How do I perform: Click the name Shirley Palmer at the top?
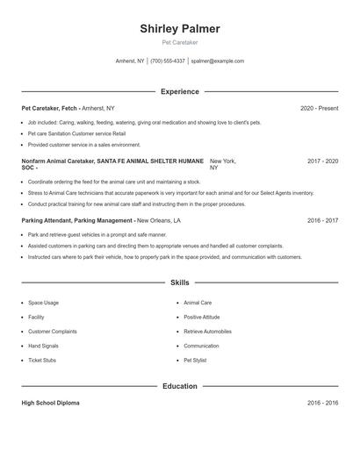pyautogui.click(x=179, y=29)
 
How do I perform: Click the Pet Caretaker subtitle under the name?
pyautogui.click(x=179, y=42)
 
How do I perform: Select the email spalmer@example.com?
pyautogui.click(x=217, y=61)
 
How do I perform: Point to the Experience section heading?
pyautogui.click(x=179, y=91)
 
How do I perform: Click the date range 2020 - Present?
pyautogui.click(x=319, y=108)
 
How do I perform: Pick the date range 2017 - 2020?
pyautogui.click(x=322, y=161)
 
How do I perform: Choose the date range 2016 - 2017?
pyautogui.click(x=322, y=221)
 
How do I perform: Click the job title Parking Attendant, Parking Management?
pyautogui.click(x=77, y=221)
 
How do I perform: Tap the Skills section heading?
pyautogui.click(x=179, y=283)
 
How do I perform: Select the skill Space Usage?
pyautogui.click(x=43, y=303)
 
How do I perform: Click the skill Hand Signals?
pyautogui.click(x=44, y=346)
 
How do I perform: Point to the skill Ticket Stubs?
pyautogui.click(x=42, y=360)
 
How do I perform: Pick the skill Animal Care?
pyautogui.click(x=198, y=303)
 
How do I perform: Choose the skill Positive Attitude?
pyautogui.click(x=202, y=317)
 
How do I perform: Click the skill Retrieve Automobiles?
pyautogui.click(x=207, y=332)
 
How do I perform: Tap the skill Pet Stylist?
pyautogui.click(x=194, y=360)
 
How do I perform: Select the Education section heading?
pyautogui.click(x=179, y=386)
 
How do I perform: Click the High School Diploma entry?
pyautogui.click(x=50, y=403)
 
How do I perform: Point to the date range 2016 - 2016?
pyautogui.click(x=322, y=403)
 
